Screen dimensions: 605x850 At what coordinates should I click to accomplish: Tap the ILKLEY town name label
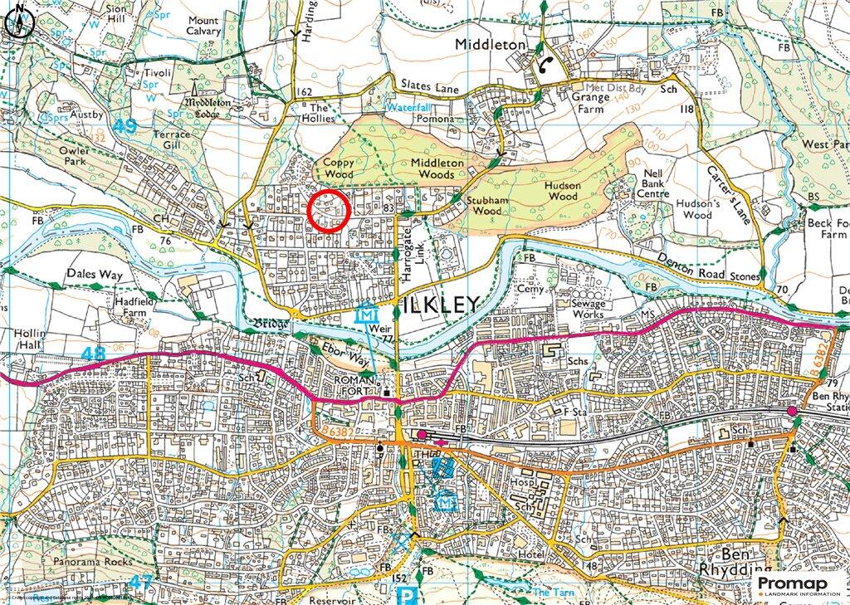[441, 304]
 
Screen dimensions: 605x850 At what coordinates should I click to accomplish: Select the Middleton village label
[491, 43]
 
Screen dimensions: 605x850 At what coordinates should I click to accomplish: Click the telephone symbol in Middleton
[544, 69]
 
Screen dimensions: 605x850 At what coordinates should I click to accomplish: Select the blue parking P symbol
[406, 595]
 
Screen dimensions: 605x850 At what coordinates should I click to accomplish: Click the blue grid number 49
[125, 126]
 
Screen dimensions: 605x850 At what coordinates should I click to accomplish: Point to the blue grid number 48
[95, 354]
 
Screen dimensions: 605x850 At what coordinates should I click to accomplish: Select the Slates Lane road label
[429, 86]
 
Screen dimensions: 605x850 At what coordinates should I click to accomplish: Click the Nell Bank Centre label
[650, 184]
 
